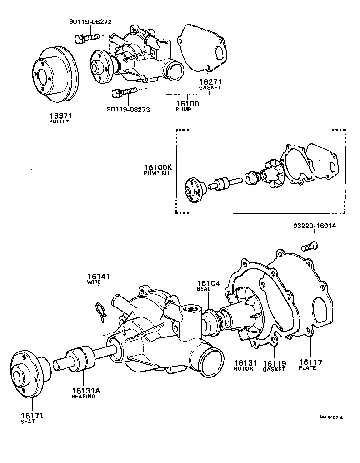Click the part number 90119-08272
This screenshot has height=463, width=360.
coord(90,21)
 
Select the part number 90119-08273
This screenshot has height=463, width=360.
coord(129,110)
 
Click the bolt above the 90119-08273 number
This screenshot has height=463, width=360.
coord(124,92)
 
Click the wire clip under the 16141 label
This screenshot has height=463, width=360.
coord(101,311)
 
